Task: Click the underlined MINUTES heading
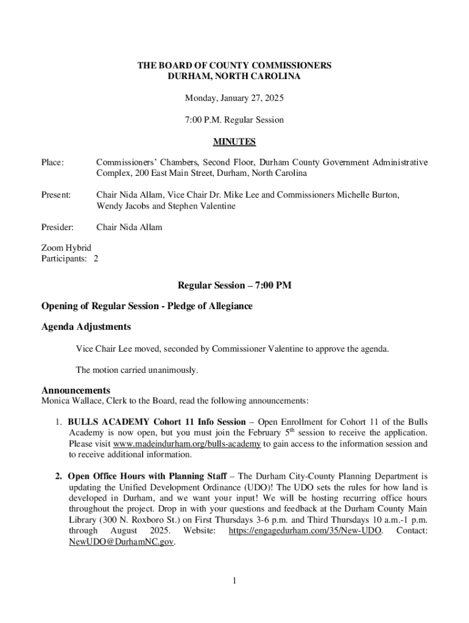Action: pyautogui.click(x=234, y=142)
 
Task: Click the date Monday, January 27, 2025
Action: pyautogui.click(x=234, y=98)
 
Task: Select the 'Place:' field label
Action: pyautogui.click(x=52, y=162)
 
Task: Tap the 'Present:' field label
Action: pyautogui.click(x=56, y=195)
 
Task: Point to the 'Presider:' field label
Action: pyautogui.click(x=57, y=227)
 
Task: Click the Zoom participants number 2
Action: pyautogui.click(x=96, y=259)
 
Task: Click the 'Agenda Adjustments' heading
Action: pyautogui.click(x=85, y=327)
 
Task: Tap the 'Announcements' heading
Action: pyautogui.click(x=76, y=390)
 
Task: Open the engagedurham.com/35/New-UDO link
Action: pyautogui.click(x=305, y=531)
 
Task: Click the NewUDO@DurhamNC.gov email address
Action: pyautogui.click(x=121, y=542)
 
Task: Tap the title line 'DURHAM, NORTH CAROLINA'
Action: pyautogui.click(x=234, y=77)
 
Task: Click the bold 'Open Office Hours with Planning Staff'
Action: pyautogui.click(x=147, y=476)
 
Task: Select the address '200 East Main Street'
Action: pyautogui.click(x=180, y=173)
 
